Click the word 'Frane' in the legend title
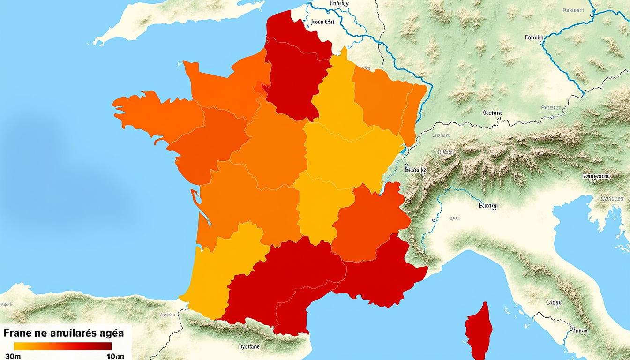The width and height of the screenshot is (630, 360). pyautogui.click(x=19, y=333)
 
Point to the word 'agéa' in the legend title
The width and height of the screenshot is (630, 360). pyautogui.click(x=108, y=334)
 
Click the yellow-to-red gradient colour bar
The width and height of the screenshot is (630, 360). pyautogui.click(x=63, y=346)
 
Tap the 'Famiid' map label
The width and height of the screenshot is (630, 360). pyautogui.click(x=533, y=37)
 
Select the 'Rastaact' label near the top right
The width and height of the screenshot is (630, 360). pyautogui.click(x=573, y=9)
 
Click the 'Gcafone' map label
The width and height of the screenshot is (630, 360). pyautogui.click(x=492, y=112)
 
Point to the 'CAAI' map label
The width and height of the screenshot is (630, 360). pyautogui.click(x=454, y=218)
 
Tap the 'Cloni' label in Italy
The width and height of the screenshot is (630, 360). pyautogui.click(x=554, y=302)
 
